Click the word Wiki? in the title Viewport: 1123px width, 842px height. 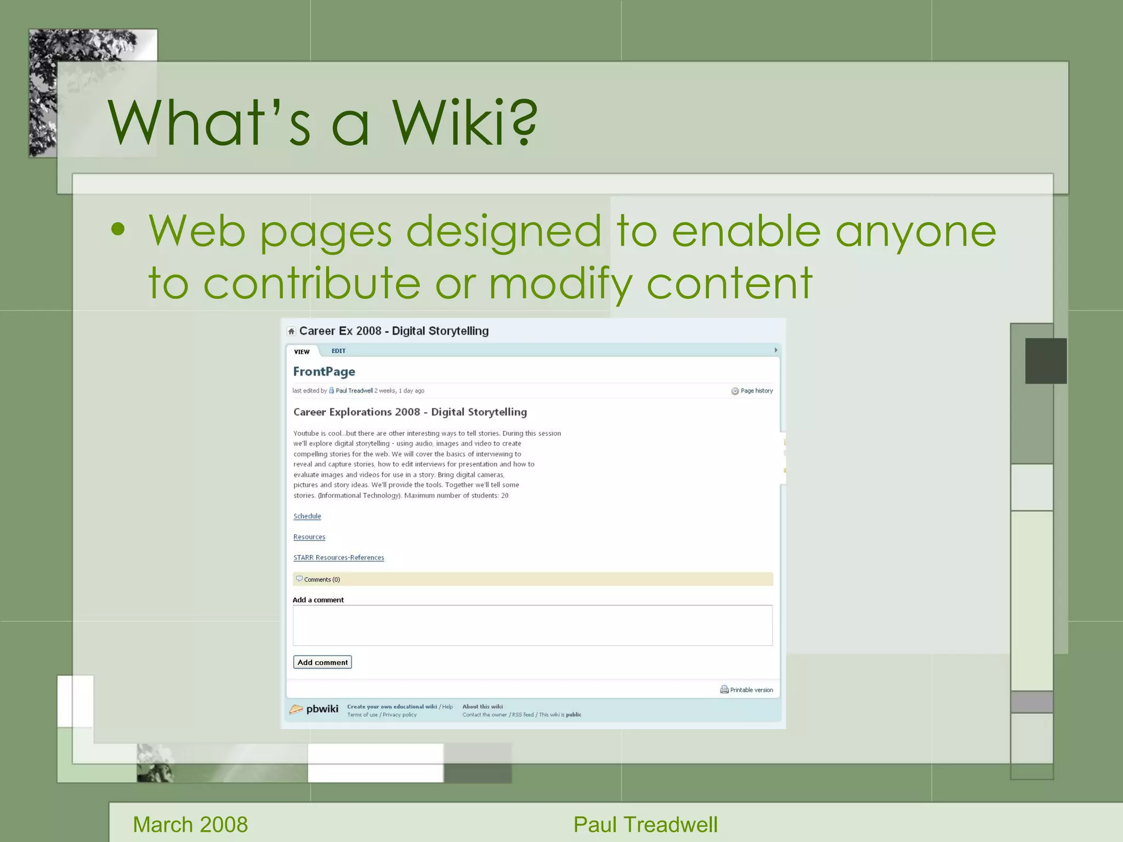click(464, 123)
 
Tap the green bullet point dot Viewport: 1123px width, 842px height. click(117, 229)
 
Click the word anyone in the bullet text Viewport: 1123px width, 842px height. click(915, 231)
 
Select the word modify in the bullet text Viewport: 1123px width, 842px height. click(560, 283)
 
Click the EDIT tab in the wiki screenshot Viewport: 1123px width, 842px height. click(338, 351)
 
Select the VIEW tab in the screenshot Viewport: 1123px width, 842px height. click(302, 351)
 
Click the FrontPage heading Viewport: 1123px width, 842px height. click(324, 372)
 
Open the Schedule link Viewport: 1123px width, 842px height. click(307, 516)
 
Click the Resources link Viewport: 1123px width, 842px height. click(309, 537)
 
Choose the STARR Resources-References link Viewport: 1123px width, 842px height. click(338, 558)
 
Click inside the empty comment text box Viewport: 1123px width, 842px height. click(532, 625)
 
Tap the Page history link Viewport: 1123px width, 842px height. click(756, 391)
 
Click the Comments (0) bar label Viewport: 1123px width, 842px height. click(321, 579)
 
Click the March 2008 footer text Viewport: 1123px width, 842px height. click(190, 824)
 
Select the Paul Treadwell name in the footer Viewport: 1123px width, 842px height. click(645, 824)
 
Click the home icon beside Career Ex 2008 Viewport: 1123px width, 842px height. click(291, 331)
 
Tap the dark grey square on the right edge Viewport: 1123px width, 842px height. click(1046, 361)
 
